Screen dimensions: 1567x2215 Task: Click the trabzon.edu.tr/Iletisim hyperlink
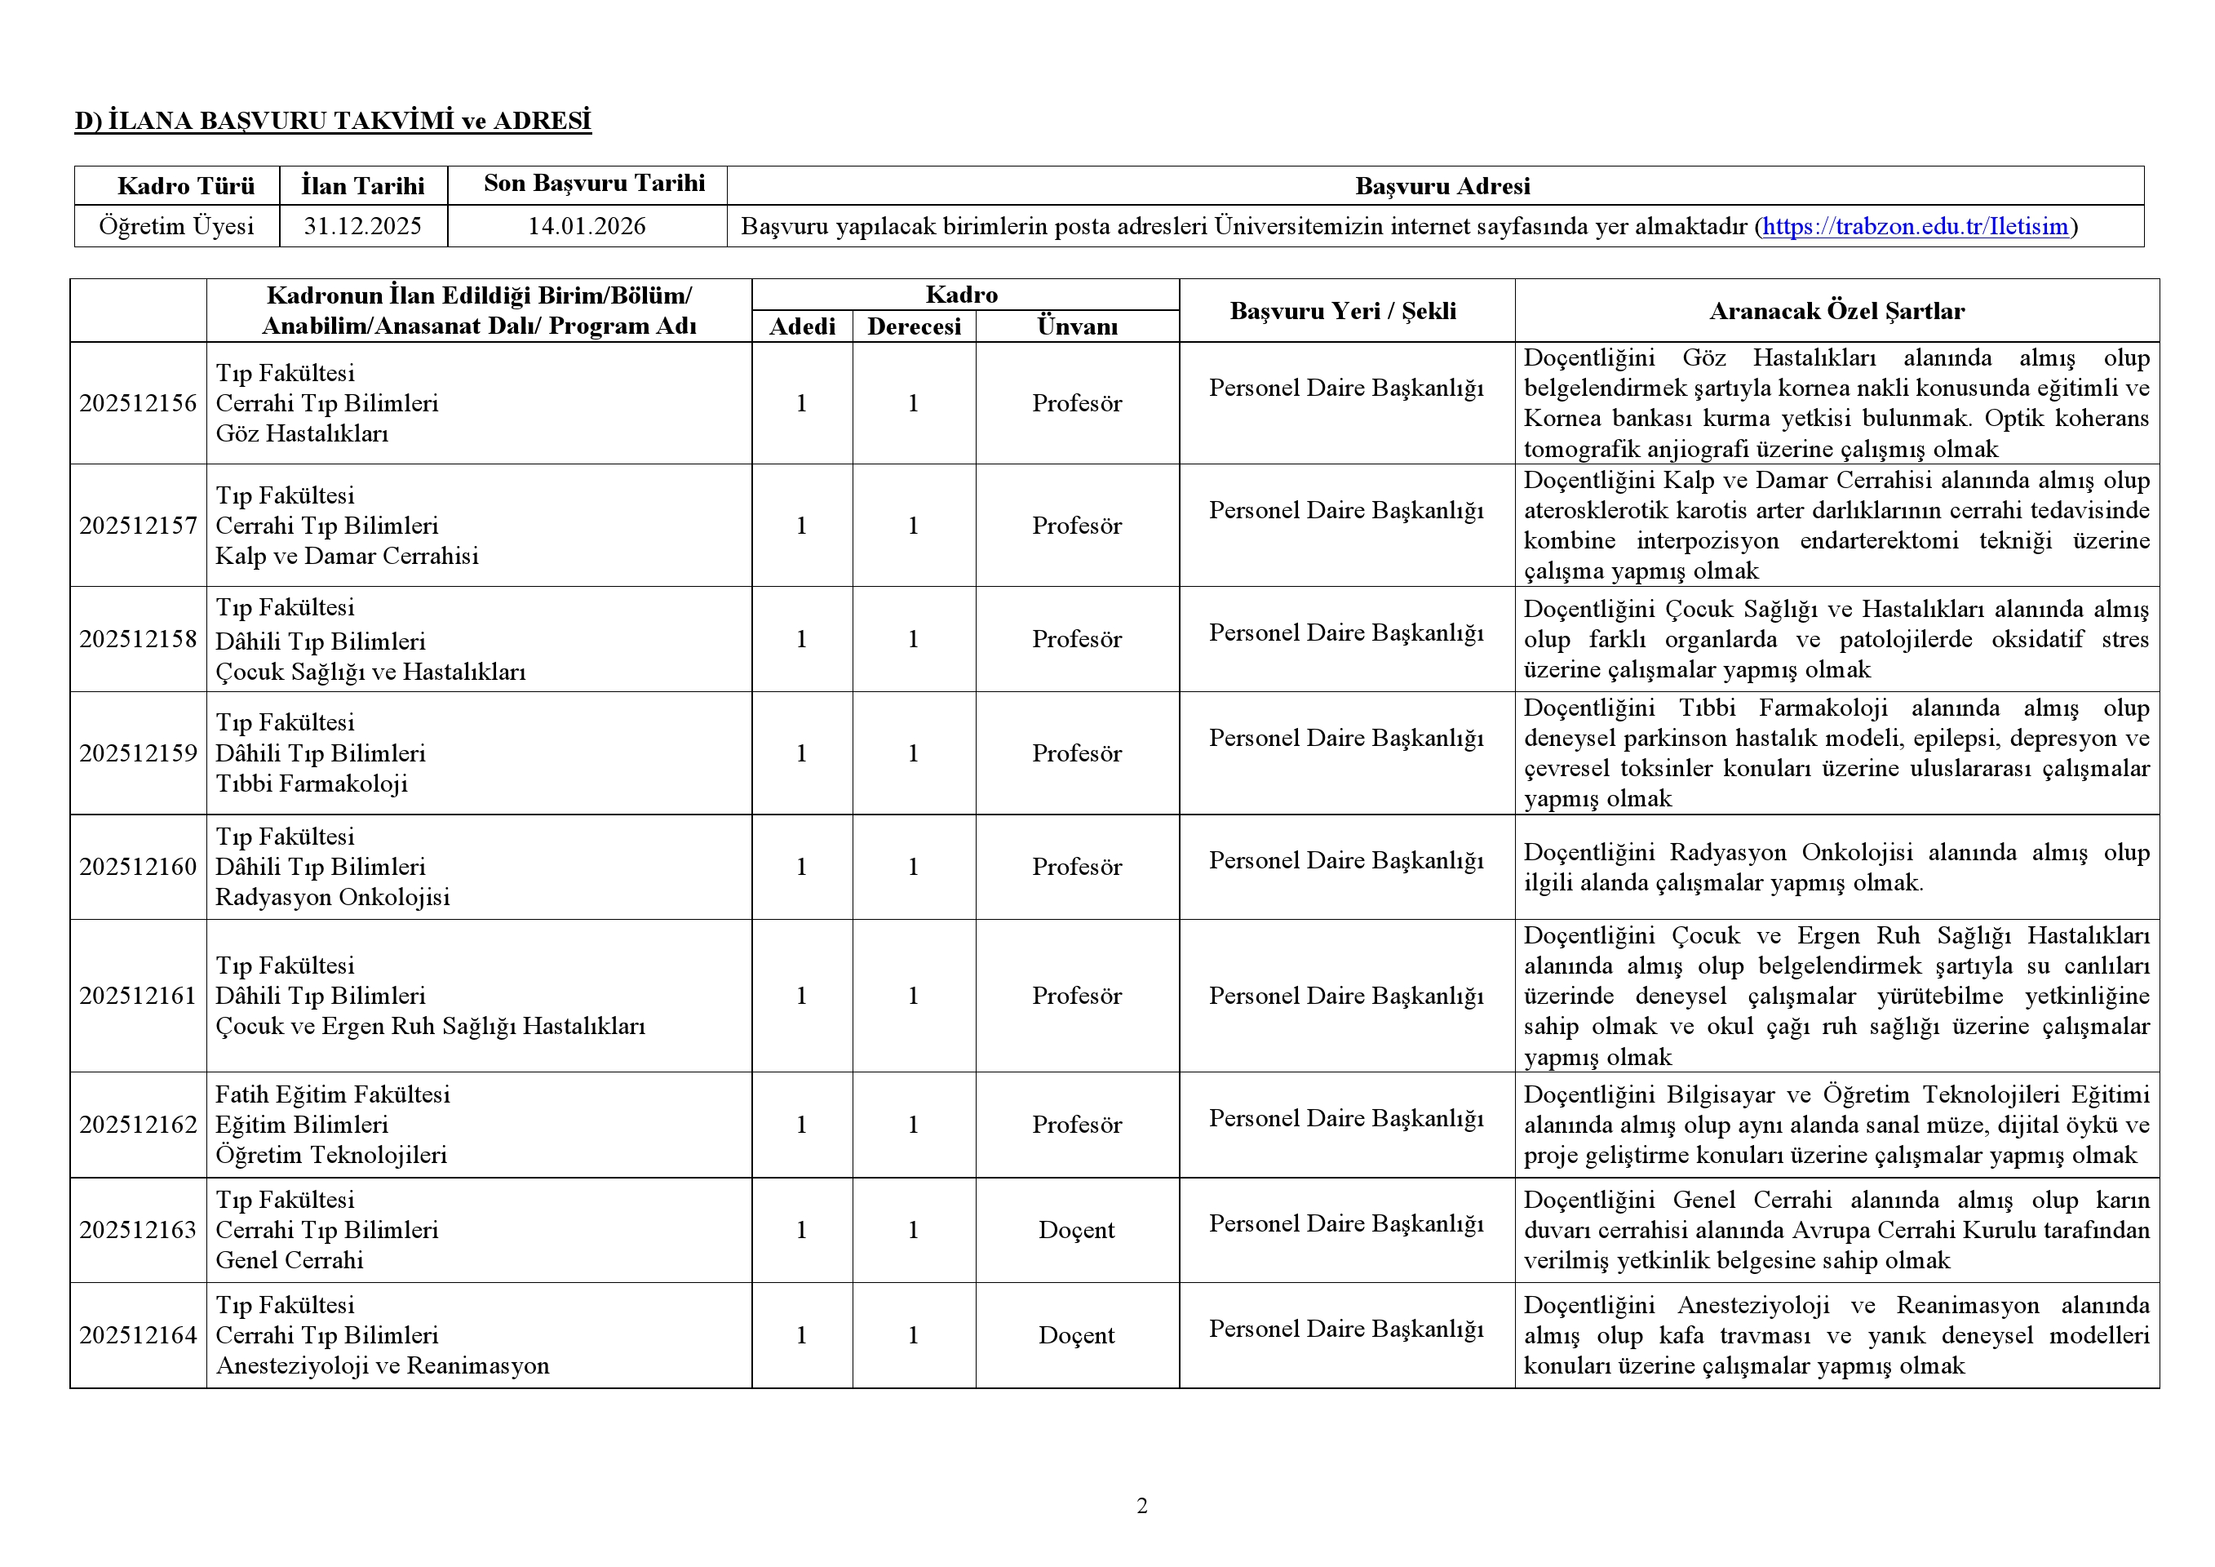[1915, 227]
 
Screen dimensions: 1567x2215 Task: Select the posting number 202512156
[138, 403]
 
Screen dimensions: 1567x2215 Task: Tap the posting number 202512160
[138, 867]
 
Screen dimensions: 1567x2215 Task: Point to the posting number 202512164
[138, 1335]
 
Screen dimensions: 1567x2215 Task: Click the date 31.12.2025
[363, 227]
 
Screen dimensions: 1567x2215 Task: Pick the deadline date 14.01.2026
[587, 227]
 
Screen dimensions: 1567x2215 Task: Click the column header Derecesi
[914, 326]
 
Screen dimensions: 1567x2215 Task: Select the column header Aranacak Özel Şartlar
[1836, 311]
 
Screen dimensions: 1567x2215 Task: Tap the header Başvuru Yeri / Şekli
[1343, 311]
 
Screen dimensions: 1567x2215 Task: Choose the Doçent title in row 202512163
[1077, 1230]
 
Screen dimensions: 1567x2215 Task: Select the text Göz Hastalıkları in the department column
[302, 434]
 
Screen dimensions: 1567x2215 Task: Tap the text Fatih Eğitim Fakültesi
[333, 1095]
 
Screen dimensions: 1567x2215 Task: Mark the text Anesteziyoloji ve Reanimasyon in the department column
[382, 1366]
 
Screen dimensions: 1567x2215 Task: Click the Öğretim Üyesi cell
[176, 227]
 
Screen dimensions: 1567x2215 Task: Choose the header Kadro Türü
[186, 186]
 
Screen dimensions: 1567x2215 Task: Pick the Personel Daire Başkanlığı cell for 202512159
[1346, 738]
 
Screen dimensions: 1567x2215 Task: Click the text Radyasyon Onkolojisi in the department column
[333, 898]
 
